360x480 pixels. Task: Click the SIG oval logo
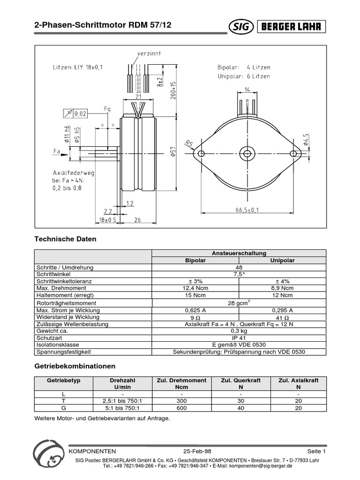[240, 27]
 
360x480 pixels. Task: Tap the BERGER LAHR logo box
[291, 27]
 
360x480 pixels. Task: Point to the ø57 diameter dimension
[173, 152]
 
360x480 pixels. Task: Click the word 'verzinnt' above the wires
[149, 53]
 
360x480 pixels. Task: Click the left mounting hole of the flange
[201, 153]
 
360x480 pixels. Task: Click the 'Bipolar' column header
[195, 260]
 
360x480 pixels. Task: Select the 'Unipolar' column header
[282, 260]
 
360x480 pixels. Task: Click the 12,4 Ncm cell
[195, 288]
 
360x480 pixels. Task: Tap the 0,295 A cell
[282, 310]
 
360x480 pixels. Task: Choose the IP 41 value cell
[239, 337]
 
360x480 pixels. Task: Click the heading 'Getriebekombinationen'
[75, 366]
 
